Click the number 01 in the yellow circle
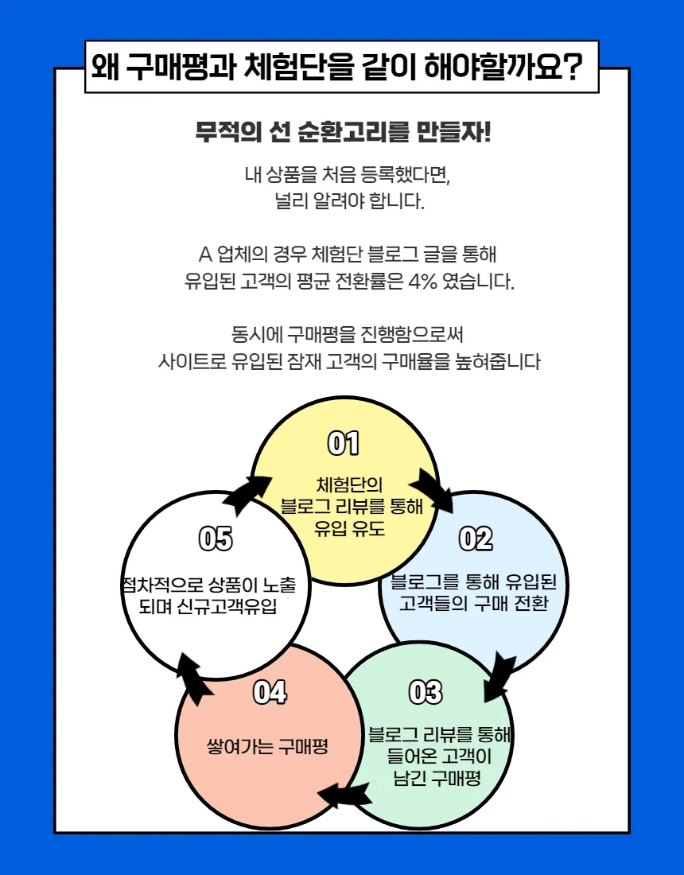344,444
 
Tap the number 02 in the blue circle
476,539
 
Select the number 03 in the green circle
425,693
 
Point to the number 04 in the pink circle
270,693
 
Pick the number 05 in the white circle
216,539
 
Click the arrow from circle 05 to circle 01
247,492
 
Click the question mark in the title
569,67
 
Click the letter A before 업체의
204,255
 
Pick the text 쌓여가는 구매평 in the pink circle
267,747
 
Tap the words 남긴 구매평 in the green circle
437,778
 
